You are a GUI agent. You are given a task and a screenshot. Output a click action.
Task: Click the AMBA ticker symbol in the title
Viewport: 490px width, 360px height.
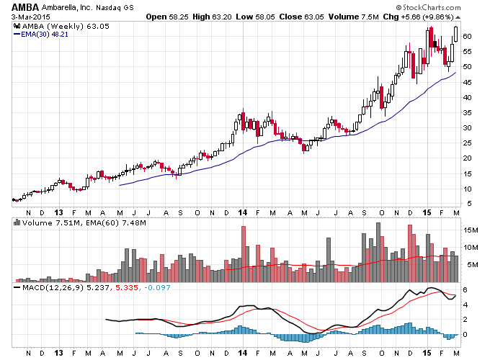point(25,7)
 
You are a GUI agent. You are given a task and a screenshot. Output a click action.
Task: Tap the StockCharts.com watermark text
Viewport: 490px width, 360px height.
point(429,7)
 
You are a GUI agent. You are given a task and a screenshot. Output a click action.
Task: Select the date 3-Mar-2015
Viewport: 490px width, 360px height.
point(30,17)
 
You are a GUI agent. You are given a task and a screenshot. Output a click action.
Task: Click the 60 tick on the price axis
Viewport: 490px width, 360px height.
point(467,37)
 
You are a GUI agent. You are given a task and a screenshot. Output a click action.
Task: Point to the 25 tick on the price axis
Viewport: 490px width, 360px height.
point(467,143)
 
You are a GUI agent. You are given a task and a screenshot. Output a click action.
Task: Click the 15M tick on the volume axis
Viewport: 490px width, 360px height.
point(471,230)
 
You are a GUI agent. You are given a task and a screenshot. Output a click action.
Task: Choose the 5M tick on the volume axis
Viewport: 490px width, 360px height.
point(473,265)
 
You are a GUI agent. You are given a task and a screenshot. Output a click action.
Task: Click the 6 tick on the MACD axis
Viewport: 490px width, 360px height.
point(465,290)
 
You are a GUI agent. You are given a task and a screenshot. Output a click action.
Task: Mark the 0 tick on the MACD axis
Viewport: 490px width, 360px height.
point(465,335)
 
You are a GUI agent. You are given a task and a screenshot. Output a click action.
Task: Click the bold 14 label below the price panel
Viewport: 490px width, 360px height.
point(243,213)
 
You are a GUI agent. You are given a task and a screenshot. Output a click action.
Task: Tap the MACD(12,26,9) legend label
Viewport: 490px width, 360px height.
point(53,287)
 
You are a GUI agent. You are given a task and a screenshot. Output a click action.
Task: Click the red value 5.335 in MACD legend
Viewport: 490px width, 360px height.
point(127,287)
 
